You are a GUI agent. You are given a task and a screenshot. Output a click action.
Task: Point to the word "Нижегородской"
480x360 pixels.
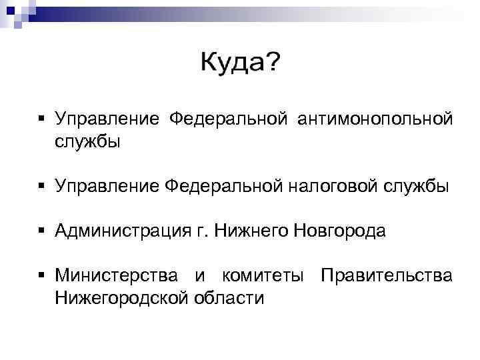point(124,297)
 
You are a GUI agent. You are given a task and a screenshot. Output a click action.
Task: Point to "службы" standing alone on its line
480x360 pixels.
point(88,142)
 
